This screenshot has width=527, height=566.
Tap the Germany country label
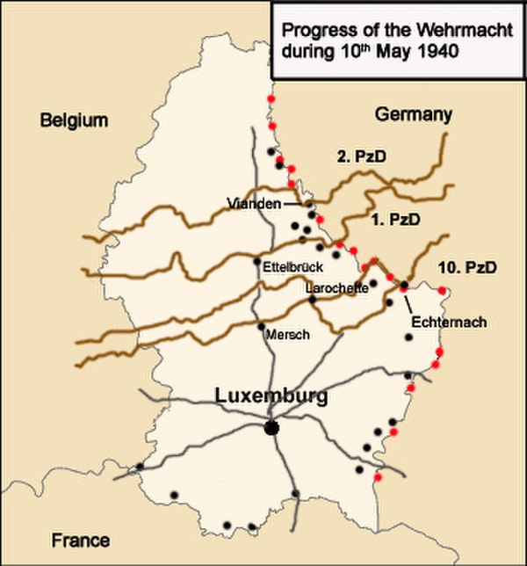point(413,114)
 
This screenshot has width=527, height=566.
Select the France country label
point(79,540)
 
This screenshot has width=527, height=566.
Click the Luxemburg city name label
point(272,396)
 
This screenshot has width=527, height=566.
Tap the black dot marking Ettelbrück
point(256,261)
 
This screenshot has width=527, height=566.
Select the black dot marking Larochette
point(313,301)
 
